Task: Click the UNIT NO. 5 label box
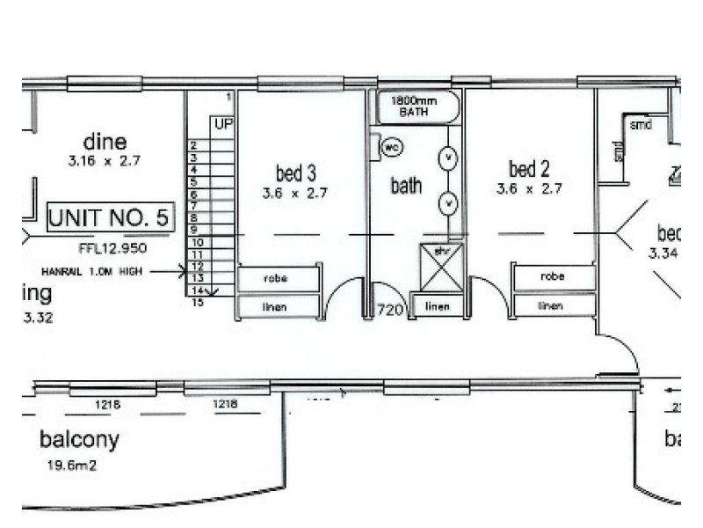click(x=111, y=217)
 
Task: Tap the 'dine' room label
click(x=105, y=142)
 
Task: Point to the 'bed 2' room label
click(x=528, y=168)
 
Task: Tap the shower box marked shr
click(x=441, y=267)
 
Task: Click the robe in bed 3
click(x=279, y=279)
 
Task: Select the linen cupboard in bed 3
click(x=279, y=306)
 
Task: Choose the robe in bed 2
click(x=553, y=277)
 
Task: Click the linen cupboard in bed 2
click(x=551, y=305)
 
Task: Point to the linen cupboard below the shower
click(x=437, y=306)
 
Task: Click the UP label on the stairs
click(x=223, y=125)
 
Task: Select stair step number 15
click(x=198, y=302)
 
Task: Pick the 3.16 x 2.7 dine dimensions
click(x=105, y=161)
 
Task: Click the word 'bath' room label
click(x=406, y=186)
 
